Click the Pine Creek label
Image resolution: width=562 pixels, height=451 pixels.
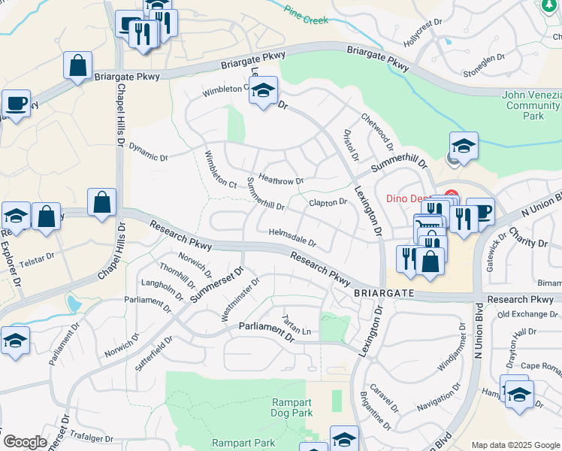coord(307,15)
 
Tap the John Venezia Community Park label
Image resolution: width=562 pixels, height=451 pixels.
coord(532,105)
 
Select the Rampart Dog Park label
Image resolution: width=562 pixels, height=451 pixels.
coord(292,407)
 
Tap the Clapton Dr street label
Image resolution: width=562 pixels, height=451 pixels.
coord(328,202)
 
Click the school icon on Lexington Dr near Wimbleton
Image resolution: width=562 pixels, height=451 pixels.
coord(263,91)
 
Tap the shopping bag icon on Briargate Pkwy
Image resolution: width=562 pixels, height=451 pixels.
coord(78,66)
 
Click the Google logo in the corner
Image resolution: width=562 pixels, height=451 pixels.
coord(24,442)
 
